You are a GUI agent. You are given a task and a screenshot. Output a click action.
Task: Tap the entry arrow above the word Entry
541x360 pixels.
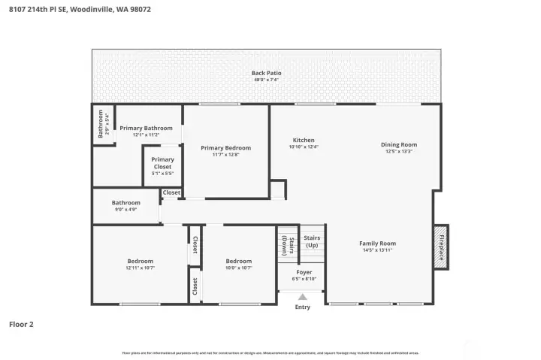pos(302,297)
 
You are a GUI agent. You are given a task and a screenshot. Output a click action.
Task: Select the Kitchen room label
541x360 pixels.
pos(304,141)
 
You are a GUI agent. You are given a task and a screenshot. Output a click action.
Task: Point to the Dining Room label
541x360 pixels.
pos(398,144)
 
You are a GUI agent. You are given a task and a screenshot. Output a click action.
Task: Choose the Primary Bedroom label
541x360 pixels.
pos(225,148)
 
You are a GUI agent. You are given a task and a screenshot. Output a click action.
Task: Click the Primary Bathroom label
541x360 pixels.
pos(146,129)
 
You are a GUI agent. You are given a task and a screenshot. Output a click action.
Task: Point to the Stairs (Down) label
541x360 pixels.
pos(290,247)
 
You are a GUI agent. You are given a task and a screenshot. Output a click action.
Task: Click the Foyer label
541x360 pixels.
pos(304,272)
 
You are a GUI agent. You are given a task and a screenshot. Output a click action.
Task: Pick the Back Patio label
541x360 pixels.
pos(266,73)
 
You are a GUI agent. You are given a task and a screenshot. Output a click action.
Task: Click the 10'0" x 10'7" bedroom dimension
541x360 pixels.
pos(239,268)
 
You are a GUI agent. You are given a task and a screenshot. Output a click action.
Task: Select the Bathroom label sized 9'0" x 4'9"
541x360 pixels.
pos(125,203)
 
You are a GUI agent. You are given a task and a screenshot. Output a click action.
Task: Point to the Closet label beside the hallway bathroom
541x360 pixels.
pos(171,193)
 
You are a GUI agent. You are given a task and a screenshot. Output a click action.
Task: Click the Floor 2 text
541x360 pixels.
pos(21,325)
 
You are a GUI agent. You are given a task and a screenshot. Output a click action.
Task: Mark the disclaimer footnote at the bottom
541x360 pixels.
pos(270,352)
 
